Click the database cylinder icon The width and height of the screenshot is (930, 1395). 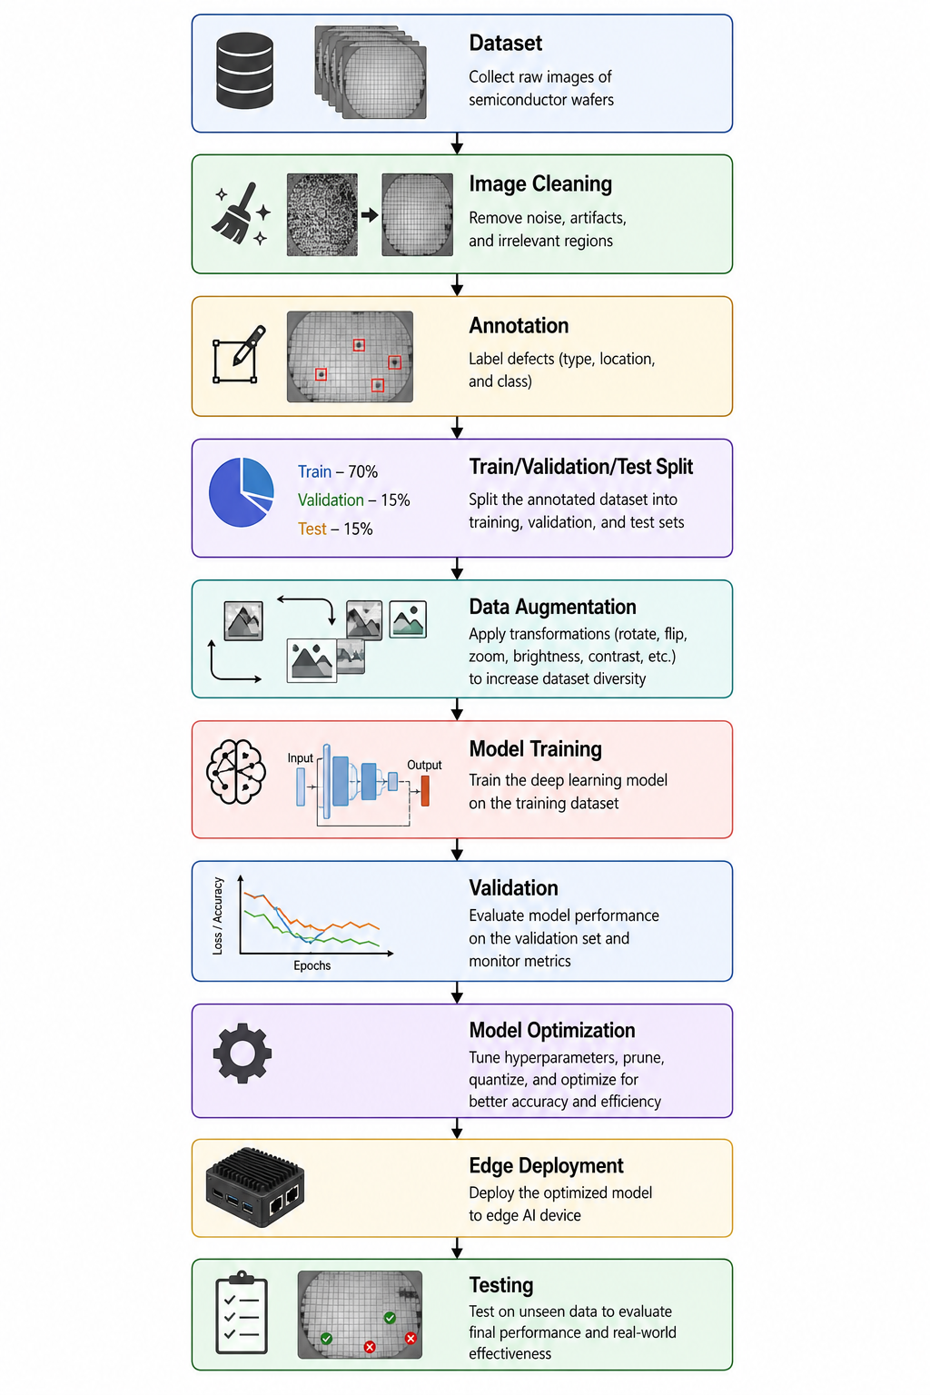(x=245, y=70)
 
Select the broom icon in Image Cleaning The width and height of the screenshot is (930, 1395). (x=242, y=213)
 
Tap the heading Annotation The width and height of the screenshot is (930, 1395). (x=519, y=325)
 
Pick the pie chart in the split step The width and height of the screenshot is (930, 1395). (x=241, y=492)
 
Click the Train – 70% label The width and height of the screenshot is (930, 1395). (x=338, y=471)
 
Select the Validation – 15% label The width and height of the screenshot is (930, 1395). (x=353, y=500)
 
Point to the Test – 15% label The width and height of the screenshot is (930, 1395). (x=335, y=529)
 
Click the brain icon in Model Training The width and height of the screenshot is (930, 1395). (x=236, y=772)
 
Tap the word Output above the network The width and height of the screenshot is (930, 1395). (x=424, y=765)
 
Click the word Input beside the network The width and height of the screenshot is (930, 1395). (x=301, y=758)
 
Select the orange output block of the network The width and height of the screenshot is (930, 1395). (x=425, y=791)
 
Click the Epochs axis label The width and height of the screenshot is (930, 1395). (x=312, y=965)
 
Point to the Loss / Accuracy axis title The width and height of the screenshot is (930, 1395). (x=217, y=915)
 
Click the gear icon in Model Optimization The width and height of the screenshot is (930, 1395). (x=242, y=1054)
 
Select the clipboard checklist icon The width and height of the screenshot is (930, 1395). (x=242, y=1312)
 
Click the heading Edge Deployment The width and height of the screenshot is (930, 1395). (x=546, y=1165)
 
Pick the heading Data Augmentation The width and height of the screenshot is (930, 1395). (x=552, y=607)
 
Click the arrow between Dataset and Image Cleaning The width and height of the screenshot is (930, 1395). (x=457, y=143)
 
